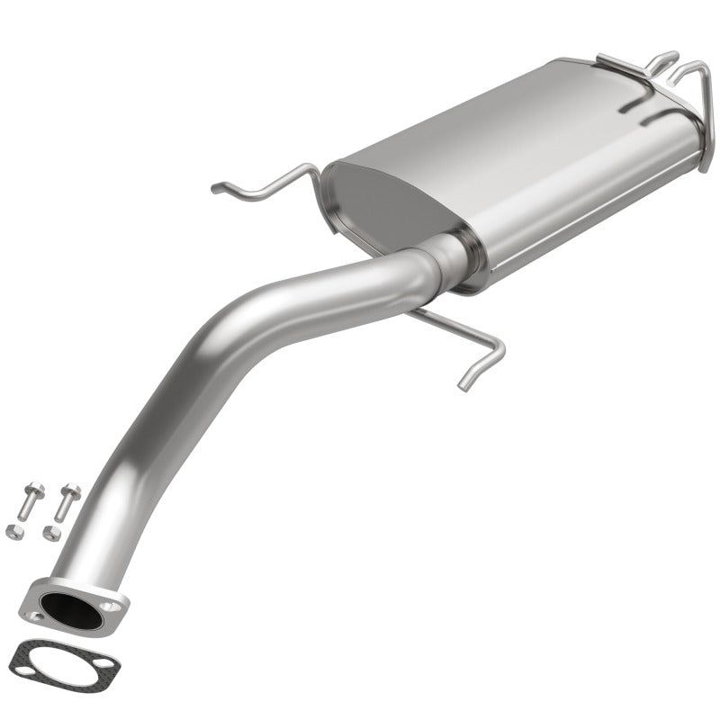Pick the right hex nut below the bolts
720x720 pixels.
coord(49,534)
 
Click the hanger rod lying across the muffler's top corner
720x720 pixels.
coord(639,65)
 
